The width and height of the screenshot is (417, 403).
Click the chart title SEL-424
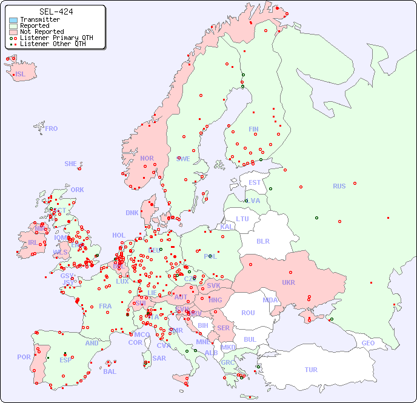click(56, 12)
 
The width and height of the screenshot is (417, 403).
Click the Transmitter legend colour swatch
click(13, 20)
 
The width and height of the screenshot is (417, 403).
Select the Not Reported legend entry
click(41, 32)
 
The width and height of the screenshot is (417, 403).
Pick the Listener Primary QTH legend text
click(56, 38)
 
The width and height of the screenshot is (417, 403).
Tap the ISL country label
click(21, 75)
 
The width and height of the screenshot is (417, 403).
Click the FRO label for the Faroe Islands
click(52, 128)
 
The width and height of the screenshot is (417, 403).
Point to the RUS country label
click(339, 186)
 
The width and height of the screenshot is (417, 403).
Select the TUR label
click(311, 370)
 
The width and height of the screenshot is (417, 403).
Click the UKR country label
click(289, 282)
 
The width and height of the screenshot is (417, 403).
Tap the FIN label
click(253, 129)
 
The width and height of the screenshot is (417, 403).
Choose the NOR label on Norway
click(147, 158)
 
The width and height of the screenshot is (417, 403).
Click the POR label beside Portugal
click(24, 357)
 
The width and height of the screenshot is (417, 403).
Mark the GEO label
click(368, 343)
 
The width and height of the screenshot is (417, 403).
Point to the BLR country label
click(262, 241)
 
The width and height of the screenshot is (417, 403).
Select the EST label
click(255, 182)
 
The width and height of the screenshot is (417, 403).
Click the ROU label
click(248, 313)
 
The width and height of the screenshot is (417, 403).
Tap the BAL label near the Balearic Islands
click(110, 371)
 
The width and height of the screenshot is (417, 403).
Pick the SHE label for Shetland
click(71, 164)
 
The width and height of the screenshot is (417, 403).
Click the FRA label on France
click(105, 306)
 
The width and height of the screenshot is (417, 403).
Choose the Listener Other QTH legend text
click(53, 44)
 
